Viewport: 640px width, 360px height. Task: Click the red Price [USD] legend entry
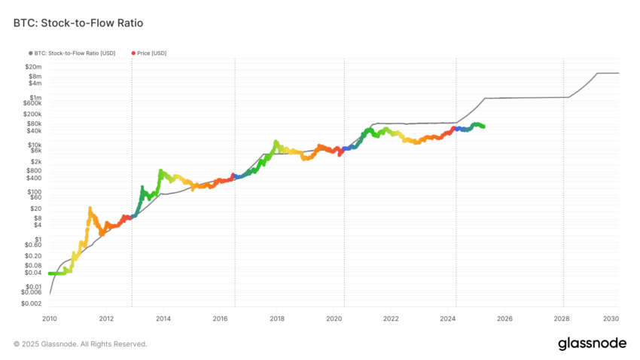pyautogui.click(x=150, y=53)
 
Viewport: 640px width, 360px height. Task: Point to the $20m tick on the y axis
pyautogui.click(x=31, y=67)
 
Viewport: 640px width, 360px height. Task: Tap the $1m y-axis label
pyautogui.click(x=35, y=98)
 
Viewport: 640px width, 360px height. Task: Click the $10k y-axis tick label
pyautogui.click(x=33, y=145)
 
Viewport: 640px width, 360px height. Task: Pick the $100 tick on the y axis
pyautogui.click(x=33, y=191)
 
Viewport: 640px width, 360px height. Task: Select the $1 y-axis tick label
pyautogui.click(x=38, y=239)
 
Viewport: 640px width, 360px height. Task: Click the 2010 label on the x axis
pyautogui.click(x=50, y=319)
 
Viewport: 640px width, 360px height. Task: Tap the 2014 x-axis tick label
pyautogui.click(x=163, y=319)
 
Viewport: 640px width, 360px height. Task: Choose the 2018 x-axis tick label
pyautogui.click(x=277, y=319)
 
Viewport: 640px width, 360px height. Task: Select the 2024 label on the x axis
pyautogui.click(x=448, y=319)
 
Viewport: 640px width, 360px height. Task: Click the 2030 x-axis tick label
pyautogui.click(x=611, y=319)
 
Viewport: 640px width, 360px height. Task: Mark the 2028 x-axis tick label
pyautogui.click(x=562, y=319)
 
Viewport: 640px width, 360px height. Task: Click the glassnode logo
pyautogui.click(x=592, y=343)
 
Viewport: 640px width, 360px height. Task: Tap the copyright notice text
pyautogui.click(x=81, y=344)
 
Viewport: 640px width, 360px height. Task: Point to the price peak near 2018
pyautogui.click(x=276, y=142)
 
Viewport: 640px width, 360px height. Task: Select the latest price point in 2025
pyautogui.click(x=483, y=127)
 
